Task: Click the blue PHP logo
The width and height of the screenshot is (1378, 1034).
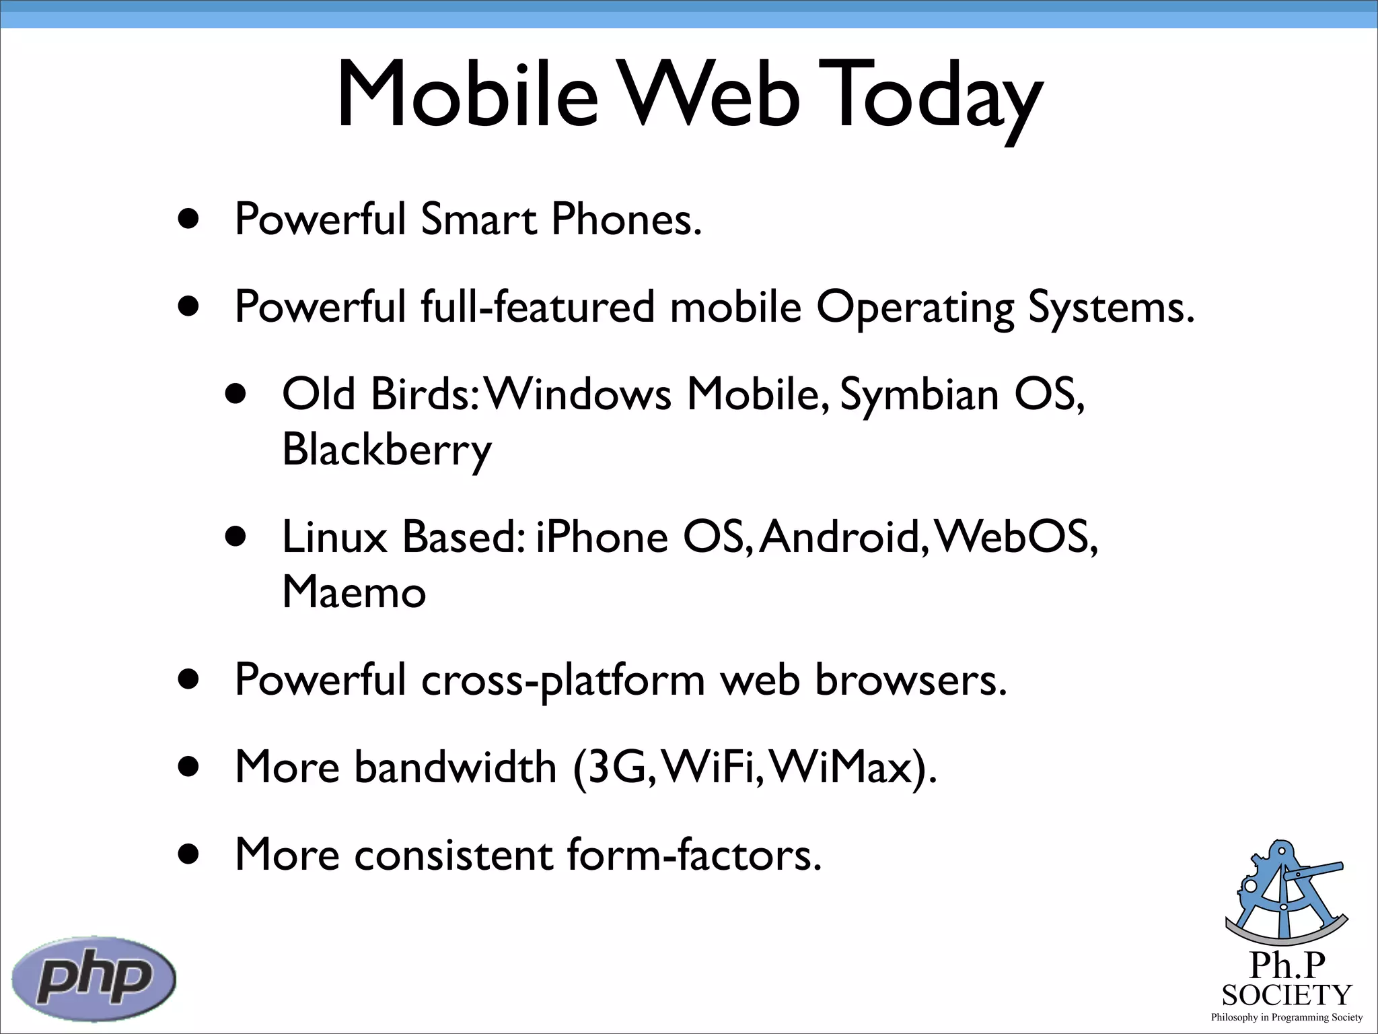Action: [x=94, y=978]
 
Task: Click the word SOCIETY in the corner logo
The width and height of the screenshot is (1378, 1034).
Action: [x=1286, y=995]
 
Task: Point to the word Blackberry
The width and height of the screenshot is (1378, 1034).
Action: [x=386, y=450]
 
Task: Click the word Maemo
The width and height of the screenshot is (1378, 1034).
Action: [x=354, y=592]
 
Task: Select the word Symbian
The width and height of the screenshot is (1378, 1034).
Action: [x=919, y=394]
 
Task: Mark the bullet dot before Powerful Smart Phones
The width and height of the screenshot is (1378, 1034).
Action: [x=189, y=219]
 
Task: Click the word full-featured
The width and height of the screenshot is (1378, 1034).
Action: [x=538, y=307]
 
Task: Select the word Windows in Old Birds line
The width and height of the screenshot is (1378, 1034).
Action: [x=579, y=394]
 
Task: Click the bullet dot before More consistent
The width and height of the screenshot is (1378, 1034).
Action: [x=189, y=855]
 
